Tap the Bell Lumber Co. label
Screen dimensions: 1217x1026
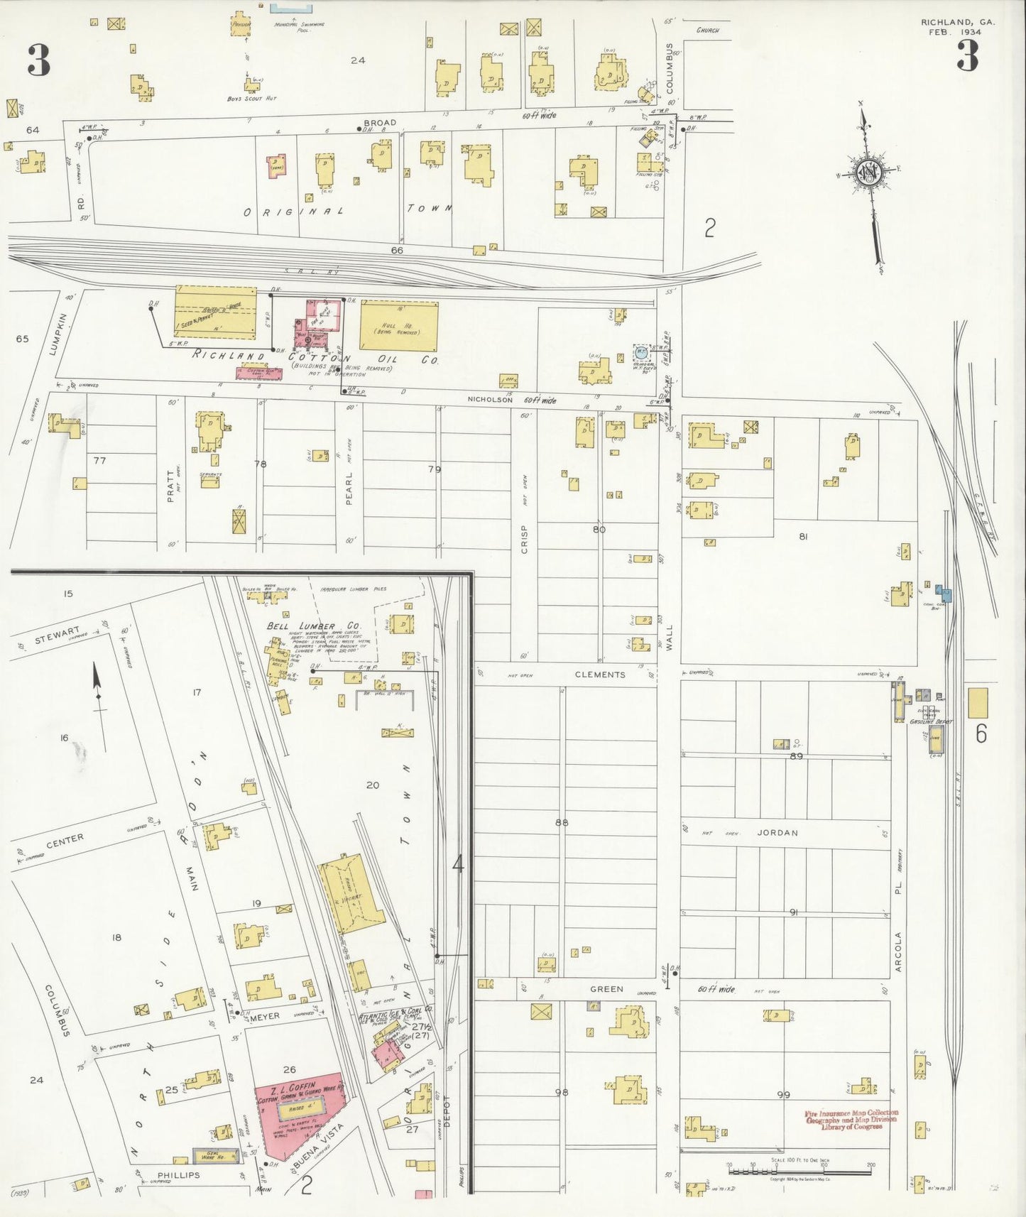pyautogui.click(x=313, y=626)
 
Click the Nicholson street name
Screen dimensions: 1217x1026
pyautogui.click(x=490, y=400)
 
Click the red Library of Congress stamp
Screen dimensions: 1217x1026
pyautogui.click(x=851, y=1120)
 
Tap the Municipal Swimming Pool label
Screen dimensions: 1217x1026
pyautogui.click(x=299, y=27)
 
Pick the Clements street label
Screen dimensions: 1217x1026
pyautogui.click(x=600, y=675)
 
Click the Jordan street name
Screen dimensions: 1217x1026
pyautogui.click(x=777, y=833)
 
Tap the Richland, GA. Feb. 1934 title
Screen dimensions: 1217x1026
pyautogui.click(x=957, y=27)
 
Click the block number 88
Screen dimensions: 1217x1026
pyautogui.click(x=562, y=823)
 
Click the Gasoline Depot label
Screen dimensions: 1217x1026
pyautogui.click(x=930, y=721)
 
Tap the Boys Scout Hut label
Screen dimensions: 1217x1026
pyautogui.click(x=251, y=99)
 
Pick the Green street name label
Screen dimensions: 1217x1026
pyautogui.click(x=606, y=988)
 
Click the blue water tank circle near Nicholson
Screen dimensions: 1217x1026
pyautogui.click(x=641, y=351)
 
